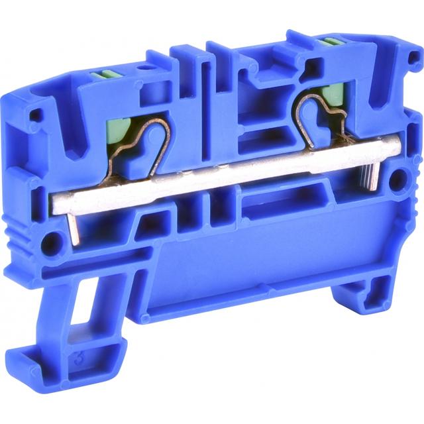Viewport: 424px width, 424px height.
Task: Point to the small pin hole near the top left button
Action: (140, 68)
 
